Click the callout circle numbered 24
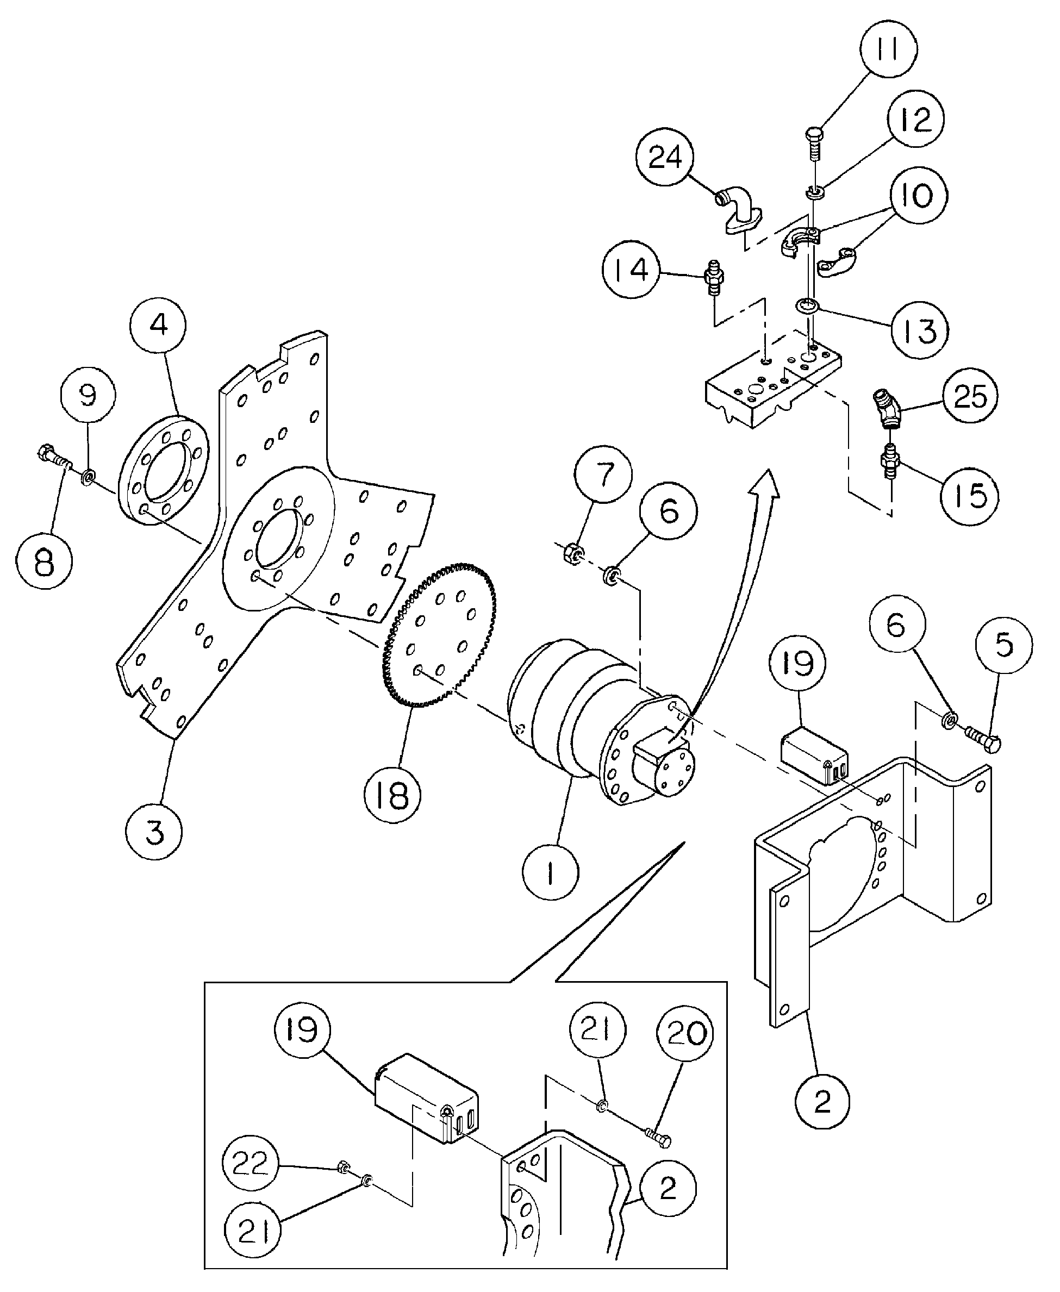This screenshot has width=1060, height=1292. (x=665, y=158)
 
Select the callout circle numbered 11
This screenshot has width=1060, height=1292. (x=888, y=49)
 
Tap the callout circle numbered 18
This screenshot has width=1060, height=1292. (x=392, y=794)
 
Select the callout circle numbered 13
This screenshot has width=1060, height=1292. (x=920, y=331)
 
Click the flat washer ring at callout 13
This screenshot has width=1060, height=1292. (x=808, y=305)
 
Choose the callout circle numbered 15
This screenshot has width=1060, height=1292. (x=969, y=496)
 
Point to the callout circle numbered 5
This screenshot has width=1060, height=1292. (x=1003, y=645)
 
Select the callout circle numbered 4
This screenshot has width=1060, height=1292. (x=159, y=325)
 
